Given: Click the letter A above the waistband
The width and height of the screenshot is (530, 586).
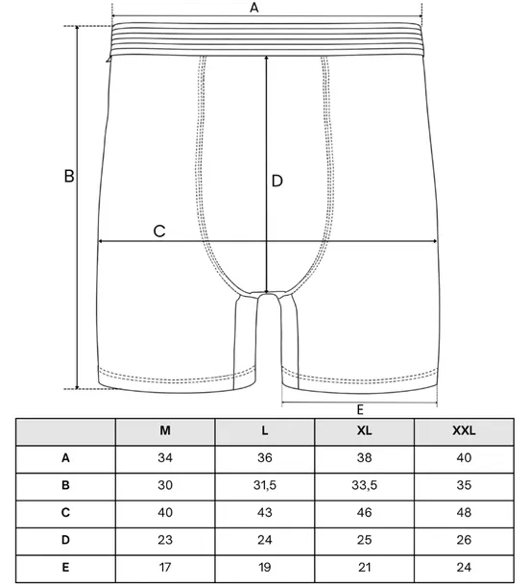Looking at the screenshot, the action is pyautogui.click(x=254, y=8).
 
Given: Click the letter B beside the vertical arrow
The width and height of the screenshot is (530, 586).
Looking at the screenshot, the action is pyautogui.click(x=69, y=176).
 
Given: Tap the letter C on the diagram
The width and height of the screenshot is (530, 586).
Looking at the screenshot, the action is pyautogui.click(x=159, y=231).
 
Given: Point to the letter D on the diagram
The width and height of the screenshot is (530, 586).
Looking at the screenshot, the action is pyautogui.click(x=277, y=181).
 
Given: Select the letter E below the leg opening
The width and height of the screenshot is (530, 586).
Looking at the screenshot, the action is pyautogui.click(x=360, y=410).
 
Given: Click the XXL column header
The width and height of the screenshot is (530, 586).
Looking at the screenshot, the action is pyautogui.click(x=464, y=431).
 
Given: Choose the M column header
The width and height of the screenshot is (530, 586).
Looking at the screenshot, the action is pyautogui.click(x=165, y=431).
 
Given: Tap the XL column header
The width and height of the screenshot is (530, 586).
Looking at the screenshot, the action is pyautogui.click(x=364, y=431).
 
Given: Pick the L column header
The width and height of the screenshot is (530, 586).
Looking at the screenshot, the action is pyautogui.click(x=264, y=431).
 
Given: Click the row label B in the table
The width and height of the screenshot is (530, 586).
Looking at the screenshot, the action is pyautogui.click(x=65, y=485).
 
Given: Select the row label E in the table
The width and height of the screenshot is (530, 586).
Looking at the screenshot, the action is pyautogui.click(x=65, y=568).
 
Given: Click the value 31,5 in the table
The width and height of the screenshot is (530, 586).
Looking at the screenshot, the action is pyautogui.click(x=264, y=485).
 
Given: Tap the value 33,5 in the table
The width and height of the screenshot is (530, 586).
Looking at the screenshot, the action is pyautogui.click(x=364, y=485).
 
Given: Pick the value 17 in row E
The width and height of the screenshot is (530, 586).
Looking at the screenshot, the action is pyautogui.click(x=165, y=568).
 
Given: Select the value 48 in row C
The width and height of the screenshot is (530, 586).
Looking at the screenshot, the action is pyautogui.click(x=464, y=512).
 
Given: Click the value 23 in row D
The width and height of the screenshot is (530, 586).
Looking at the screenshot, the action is pyautogui.click(x=165, y=540).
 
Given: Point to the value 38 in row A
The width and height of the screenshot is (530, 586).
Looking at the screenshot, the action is pyautogui.click(x=364, y=458).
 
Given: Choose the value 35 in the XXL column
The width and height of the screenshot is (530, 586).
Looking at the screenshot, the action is pyautogui.click(x=464, y=485).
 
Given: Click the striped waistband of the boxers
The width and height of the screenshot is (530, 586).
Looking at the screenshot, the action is pyautogui.click(x=267, y=39).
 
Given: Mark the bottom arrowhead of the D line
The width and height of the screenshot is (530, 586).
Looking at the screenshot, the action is pyautogui.click(x=266, y=291).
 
